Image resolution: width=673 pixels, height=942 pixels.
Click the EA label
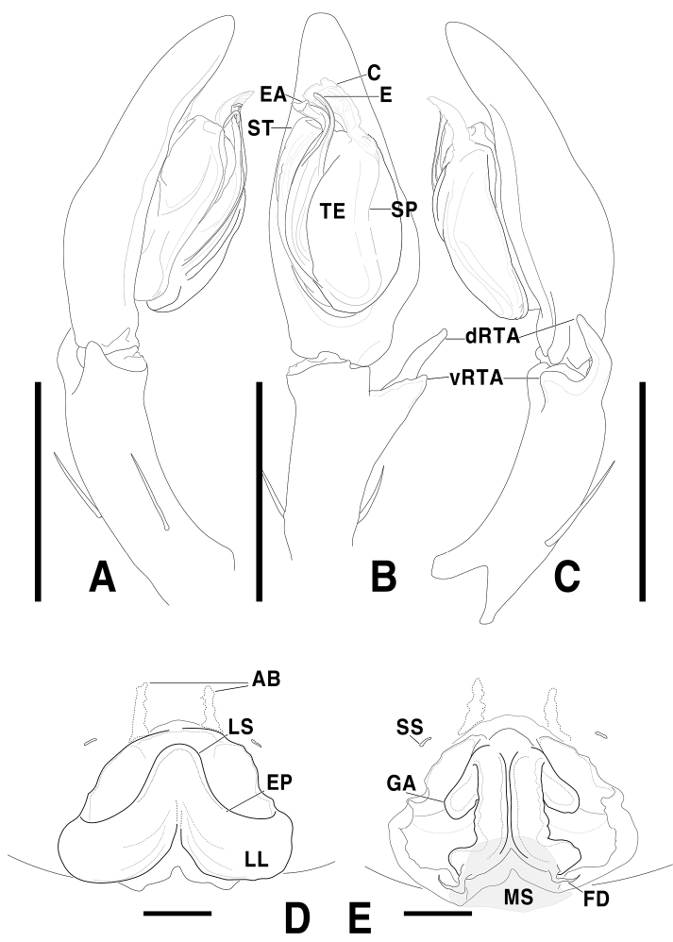(x=273, y=93)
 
